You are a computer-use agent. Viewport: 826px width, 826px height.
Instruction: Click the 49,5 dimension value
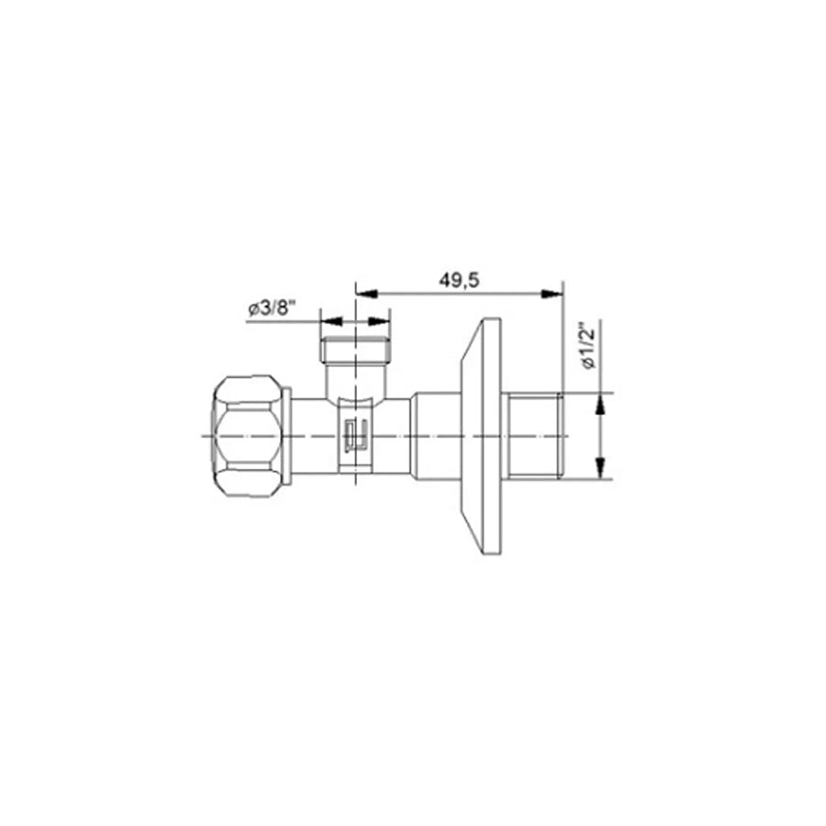[x=460, y=280]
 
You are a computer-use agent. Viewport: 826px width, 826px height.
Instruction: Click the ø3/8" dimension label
[x=273, y=307]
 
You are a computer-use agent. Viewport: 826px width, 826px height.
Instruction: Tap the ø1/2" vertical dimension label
[x=587, y=346]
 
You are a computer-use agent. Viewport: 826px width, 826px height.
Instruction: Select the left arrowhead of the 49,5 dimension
[x=367, y=294]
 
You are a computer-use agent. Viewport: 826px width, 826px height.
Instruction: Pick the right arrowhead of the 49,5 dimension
[x=552, y=294]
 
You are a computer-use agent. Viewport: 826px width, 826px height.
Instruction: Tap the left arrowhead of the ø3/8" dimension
[x=331, y=321]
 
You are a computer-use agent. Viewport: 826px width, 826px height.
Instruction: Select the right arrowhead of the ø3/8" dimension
[x=379, y=321]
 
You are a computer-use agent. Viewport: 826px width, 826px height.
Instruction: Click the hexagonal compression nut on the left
[x=247, y=436]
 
